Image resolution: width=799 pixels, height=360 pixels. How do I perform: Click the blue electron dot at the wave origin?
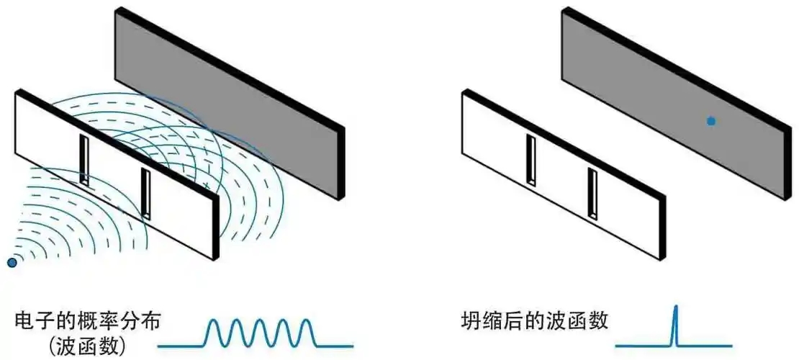coord(12,263)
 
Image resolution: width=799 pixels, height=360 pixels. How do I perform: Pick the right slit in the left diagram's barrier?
coord(145,193)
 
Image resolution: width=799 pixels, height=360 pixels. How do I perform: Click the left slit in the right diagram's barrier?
coord(531,160)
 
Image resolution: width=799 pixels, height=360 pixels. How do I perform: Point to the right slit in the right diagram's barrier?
coord(592,193)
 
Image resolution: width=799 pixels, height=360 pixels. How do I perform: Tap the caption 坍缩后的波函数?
coord(535,320)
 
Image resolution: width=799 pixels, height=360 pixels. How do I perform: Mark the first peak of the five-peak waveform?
coord(214,322)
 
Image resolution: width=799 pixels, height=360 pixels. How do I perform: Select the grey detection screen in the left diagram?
coord(238,94)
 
